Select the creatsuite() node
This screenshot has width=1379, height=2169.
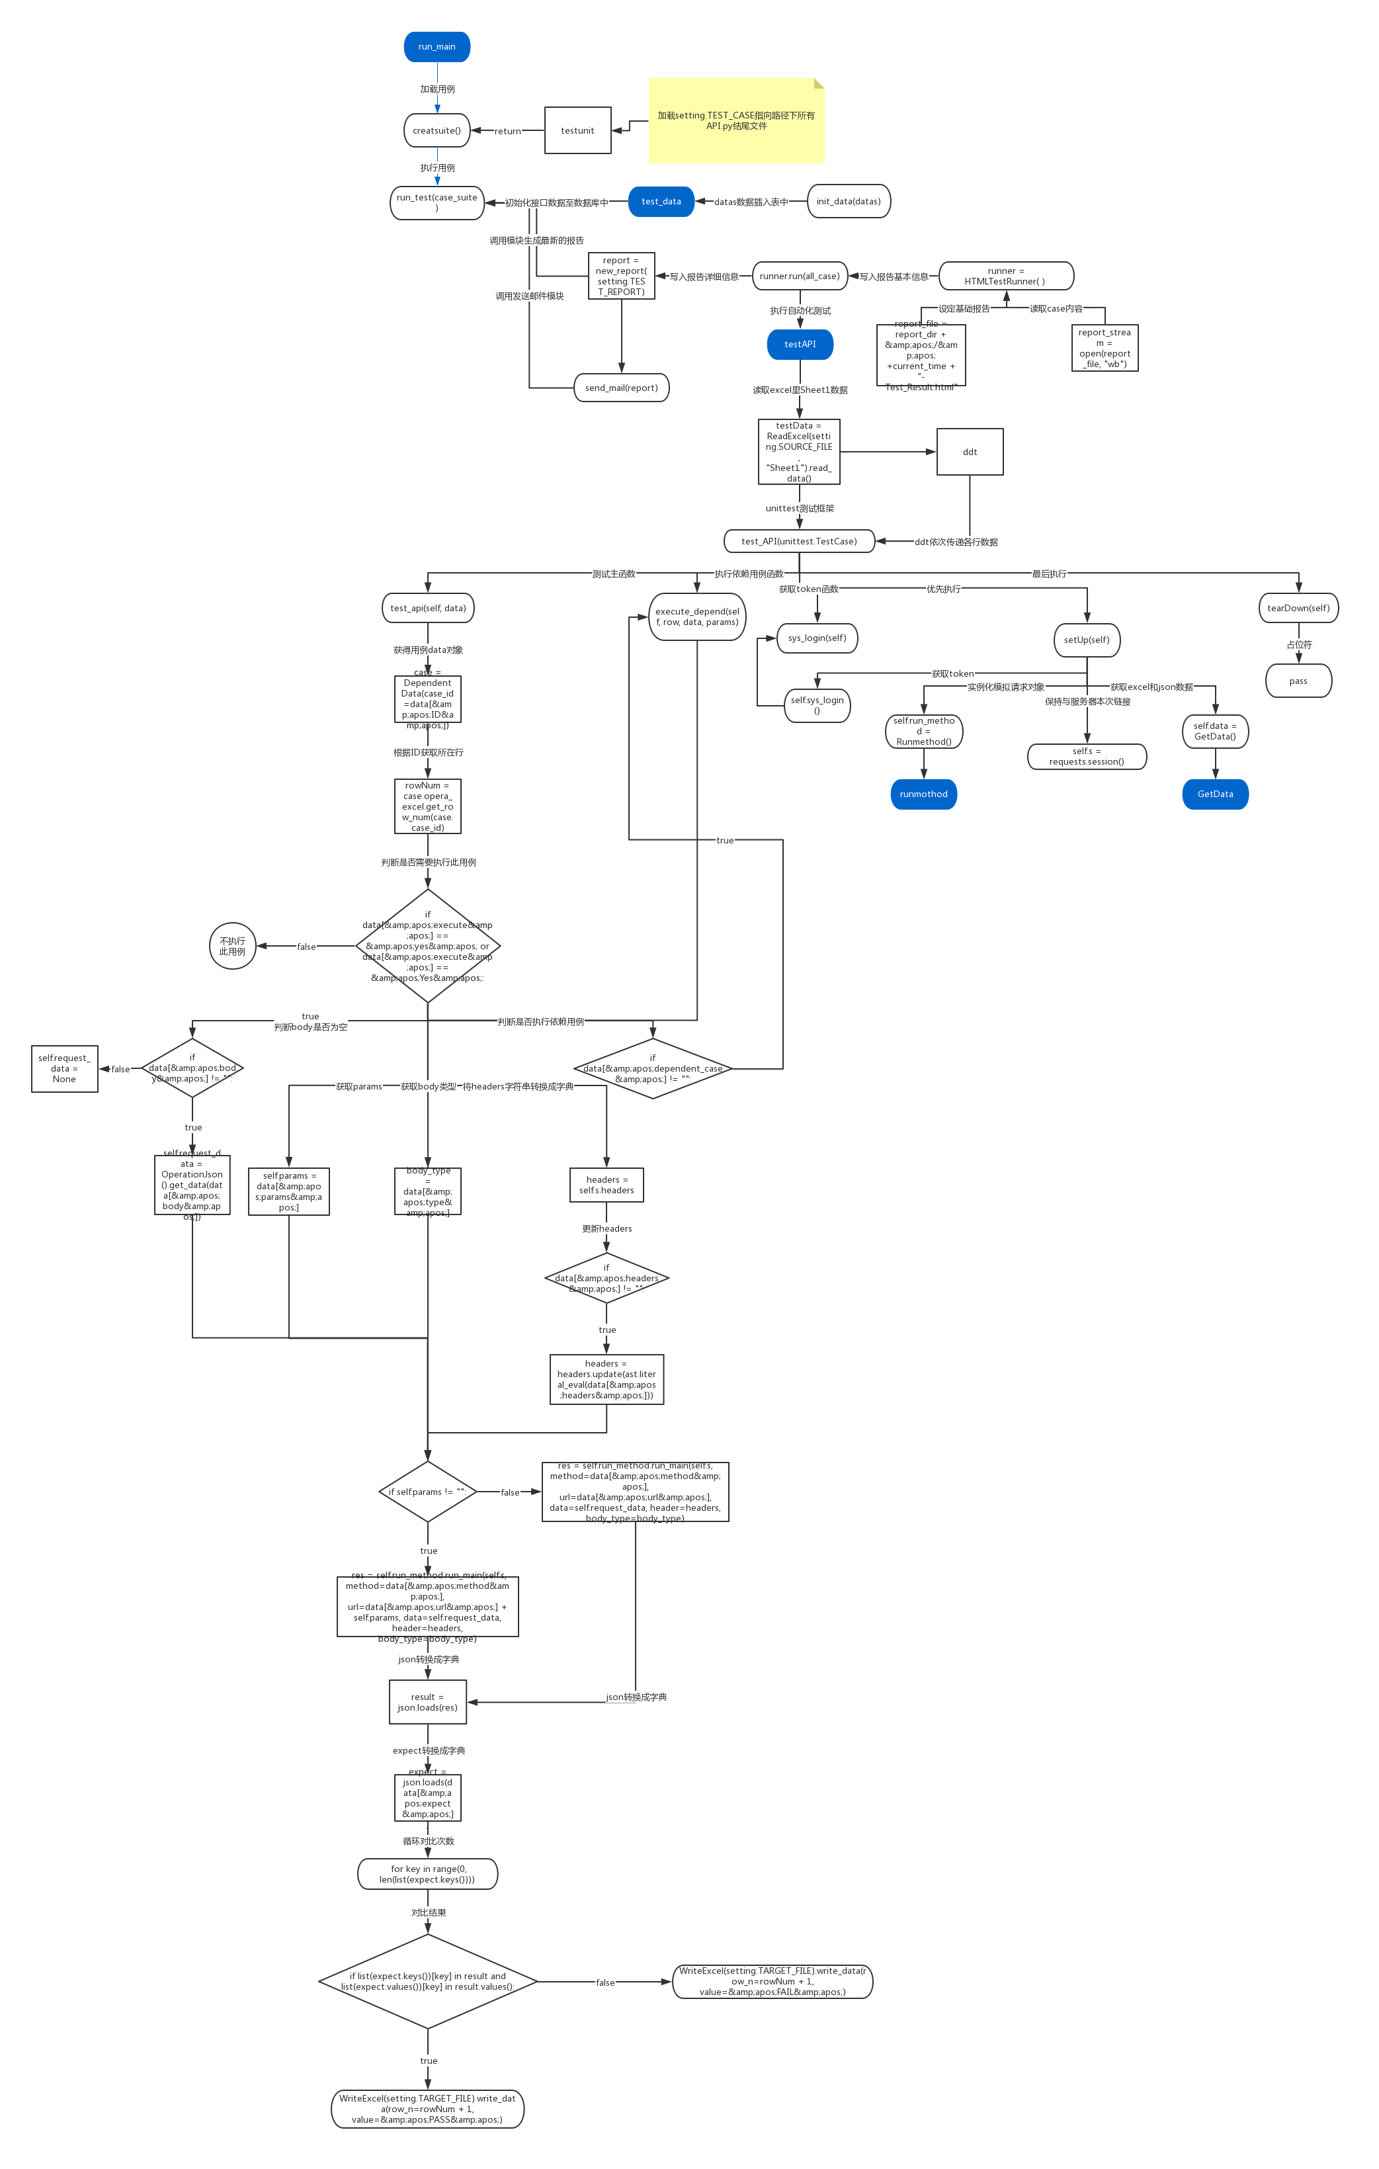(x=437, y=130)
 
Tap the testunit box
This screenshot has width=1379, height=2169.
(x=577, y=130)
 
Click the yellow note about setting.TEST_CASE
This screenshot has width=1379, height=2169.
(x=736, y=120)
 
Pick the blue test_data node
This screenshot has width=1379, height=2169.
(x=661, y=202)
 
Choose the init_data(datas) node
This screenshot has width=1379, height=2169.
(x=849, y=202)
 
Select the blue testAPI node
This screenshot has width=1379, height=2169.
(x=800, y=344)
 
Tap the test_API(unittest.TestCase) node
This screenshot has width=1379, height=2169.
(x=799, y=541)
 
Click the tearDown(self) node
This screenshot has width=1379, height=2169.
(x=1298, y=608)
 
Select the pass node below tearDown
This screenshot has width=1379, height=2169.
(x=1298, y=681)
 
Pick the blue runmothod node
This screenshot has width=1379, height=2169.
(x=923, y=794)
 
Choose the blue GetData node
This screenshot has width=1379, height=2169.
(x=1215, y=794)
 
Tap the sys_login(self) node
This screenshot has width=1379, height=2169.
(x=817, y=638)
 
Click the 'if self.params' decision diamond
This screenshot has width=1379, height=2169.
(x=427, y=1492)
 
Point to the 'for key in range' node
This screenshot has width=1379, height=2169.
(x=428, y=1875)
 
